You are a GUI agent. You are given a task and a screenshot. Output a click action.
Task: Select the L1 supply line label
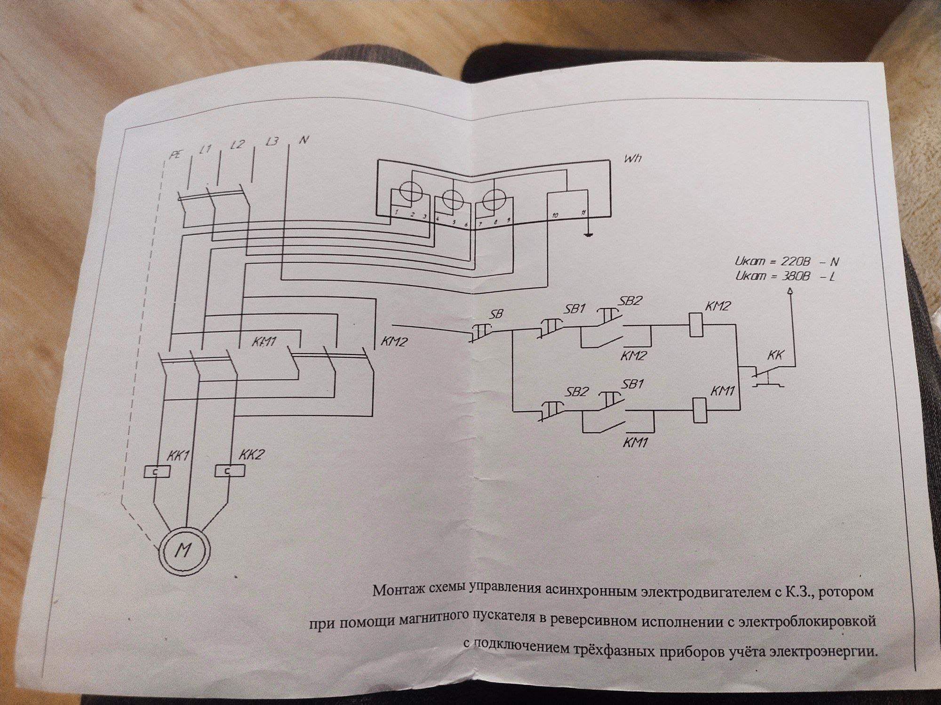click(x=205, y=150)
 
